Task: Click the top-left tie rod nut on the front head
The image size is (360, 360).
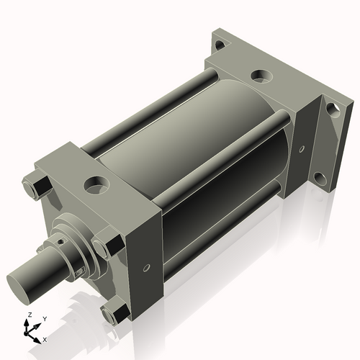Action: (x=35, y=189)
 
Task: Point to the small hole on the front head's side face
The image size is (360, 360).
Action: (x=148, y=268)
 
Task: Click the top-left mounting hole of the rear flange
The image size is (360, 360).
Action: (x=220, y=45)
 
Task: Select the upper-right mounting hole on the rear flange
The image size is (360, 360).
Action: (x=332, y=109)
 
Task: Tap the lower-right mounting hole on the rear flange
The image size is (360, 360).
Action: (x=317, y=177)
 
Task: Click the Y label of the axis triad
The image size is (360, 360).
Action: (x=44, y=318)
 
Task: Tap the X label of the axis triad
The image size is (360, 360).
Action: (x=45, y=338)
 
